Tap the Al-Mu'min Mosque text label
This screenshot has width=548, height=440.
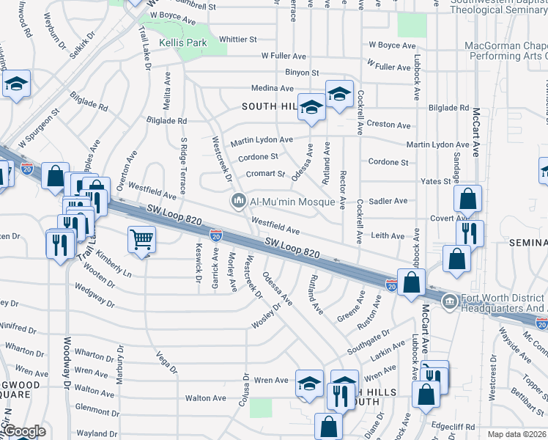[x=292, y=202]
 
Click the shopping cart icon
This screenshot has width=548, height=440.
[x=141, y=238]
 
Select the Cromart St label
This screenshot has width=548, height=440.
[x=265, y=174]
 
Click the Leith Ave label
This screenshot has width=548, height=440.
[x=388, y=236]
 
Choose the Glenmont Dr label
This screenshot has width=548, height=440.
[x=92, y=410]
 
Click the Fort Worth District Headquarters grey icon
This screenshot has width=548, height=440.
[x=448, y=300]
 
